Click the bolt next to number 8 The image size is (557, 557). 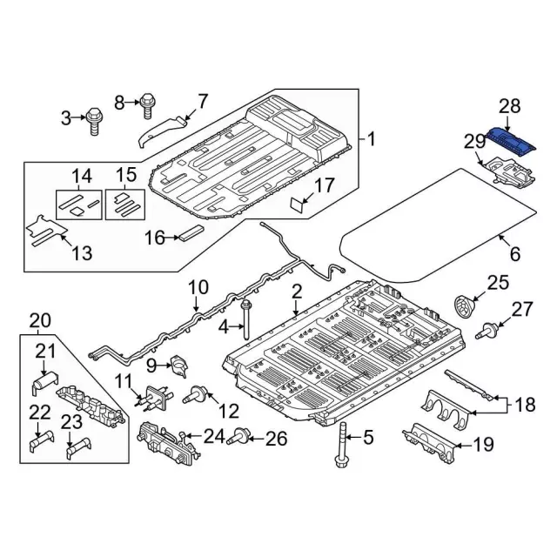[x=148, y=106]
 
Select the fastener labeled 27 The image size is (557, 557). [x=488, y=331]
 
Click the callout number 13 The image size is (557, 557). [x=81, y=254]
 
